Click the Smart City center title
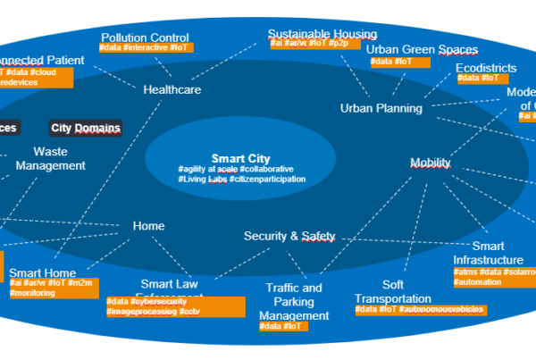point(241,158)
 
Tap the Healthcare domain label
point(172,89)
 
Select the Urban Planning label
point(381,108)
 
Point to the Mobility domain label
point(431,163)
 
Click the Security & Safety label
point(289,236)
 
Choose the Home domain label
point(148,226)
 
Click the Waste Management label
point(51,158)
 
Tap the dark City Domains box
point(86,128)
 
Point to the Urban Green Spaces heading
point(423,49)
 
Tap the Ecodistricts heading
point(486,67)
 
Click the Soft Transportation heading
point(392,291)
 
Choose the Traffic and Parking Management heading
point(295,302)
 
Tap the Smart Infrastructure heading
point(488,253)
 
